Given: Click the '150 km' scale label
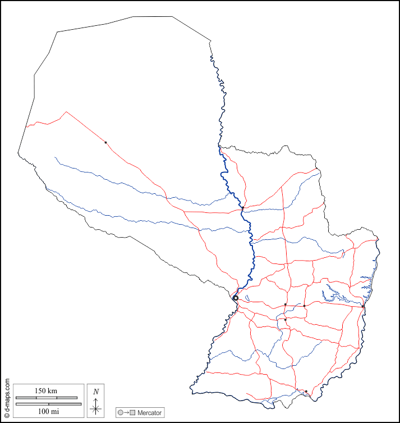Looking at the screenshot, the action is tap(46, 390).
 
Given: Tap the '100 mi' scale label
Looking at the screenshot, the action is tap(46, 411).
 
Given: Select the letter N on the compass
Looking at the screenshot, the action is tap(96, 392).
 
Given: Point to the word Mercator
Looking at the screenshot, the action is tap(149, 413).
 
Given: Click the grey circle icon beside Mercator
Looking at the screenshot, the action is tap(121, 413).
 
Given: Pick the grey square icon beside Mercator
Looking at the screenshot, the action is tap(132, 413).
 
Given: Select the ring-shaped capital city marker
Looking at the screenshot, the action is tap(236, 298).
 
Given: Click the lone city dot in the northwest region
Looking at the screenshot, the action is tap(105, 142).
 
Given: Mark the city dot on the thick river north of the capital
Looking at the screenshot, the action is tap(242, 208).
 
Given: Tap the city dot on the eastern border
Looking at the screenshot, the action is tap(364, 307).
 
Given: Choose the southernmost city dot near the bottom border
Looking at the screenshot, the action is tap(306, 392).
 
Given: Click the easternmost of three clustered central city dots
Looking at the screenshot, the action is tap(304, 306).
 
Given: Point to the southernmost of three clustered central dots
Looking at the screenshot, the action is tap(285, 320).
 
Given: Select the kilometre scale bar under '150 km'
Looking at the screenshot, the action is tap(46, 398).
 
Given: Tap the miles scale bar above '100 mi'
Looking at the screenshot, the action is tap(48, 404).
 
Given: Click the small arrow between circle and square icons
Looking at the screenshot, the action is tap(126, 413).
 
